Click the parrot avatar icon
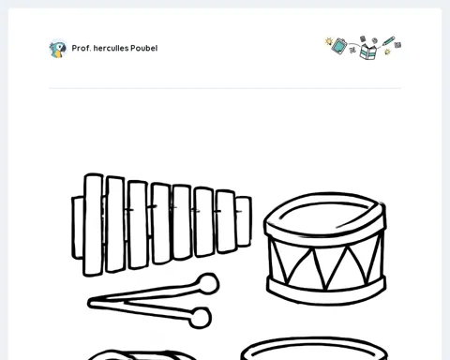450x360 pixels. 58,49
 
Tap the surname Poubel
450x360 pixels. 144,48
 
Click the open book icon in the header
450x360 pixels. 368,52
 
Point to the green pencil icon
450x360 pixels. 388,41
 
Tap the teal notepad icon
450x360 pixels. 339,46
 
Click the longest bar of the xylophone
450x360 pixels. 94,225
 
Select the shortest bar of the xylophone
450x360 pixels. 243,221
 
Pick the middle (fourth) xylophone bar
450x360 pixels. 161,223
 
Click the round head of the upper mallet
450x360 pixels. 208,284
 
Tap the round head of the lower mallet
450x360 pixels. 201,318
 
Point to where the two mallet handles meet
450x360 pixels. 91,303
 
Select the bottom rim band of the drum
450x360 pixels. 326,291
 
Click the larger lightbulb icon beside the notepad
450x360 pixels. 328,41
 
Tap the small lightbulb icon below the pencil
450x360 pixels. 387,52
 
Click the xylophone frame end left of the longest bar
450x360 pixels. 78,228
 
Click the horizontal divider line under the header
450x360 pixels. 225,88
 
